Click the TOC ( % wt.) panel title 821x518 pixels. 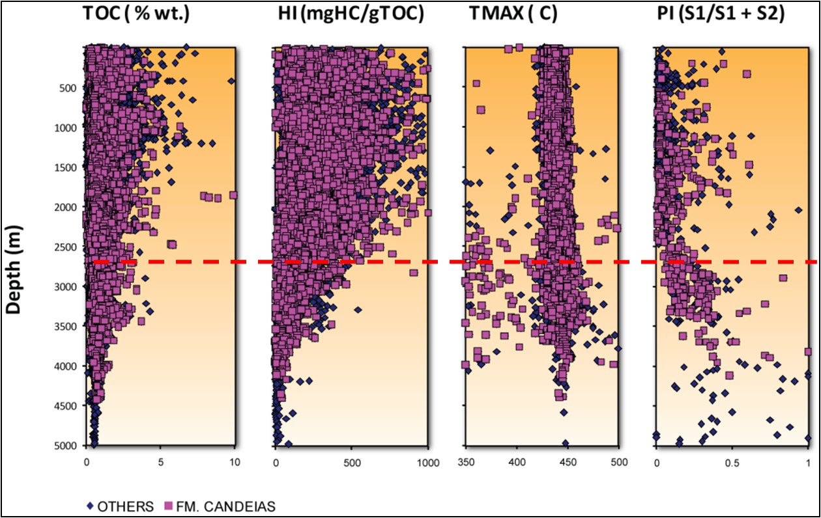click(136, 16)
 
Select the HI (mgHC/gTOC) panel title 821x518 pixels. click(349, 16)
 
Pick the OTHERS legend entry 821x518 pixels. click(121, 506)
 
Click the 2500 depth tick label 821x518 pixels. click(65, 247)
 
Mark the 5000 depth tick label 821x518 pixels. click(65, 446)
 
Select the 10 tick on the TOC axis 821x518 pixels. click(235, 462)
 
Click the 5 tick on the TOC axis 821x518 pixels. click(160, 462)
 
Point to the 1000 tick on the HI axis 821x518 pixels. click(427, 462)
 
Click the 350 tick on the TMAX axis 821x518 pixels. click(466, 462)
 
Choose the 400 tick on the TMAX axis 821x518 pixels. click(517, 462)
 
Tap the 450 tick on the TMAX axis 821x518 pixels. click(568, 462)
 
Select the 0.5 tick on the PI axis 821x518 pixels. click(732, 462)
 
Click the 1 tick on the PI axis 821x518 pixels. click(807, 462)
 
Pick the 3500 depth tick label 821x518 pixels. click(65, 326)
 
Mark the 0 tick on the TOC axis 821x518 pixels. click(87, 462)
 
